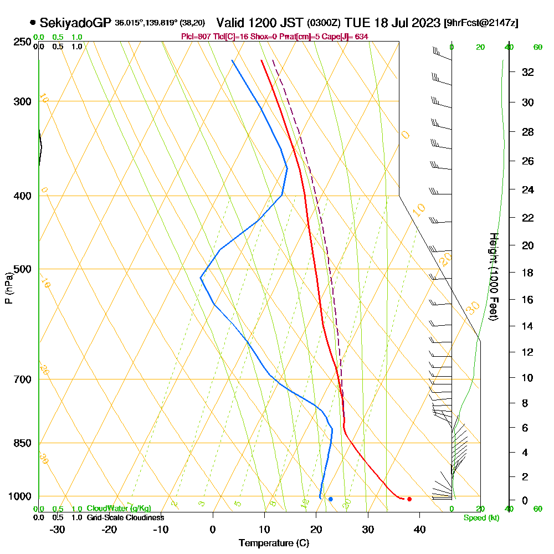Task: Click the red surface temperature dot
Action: [x=409, y=499]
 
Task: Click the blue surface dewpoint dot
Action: [x=331, y=499]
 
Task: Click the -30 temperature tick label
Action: [x=58, y=529]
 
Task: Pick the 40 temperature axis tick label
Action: [x=419, y=529]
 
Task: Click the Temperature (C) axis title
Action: [x=274, y=543]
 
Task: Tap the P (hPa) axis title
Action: [x=8, y=288]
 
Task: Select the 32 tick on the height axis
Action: [x=528, y=72]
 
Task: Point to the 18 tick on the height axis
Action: [x=528, y=273]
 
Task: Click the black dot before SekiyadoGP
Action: [x=33, y=23]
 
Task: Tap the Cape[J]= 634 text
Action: [x=347, y=37]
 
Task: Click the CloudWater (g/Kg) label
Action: [x=119, y=509]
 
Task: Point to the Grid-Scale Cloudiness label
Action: [x=125, y=517]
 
